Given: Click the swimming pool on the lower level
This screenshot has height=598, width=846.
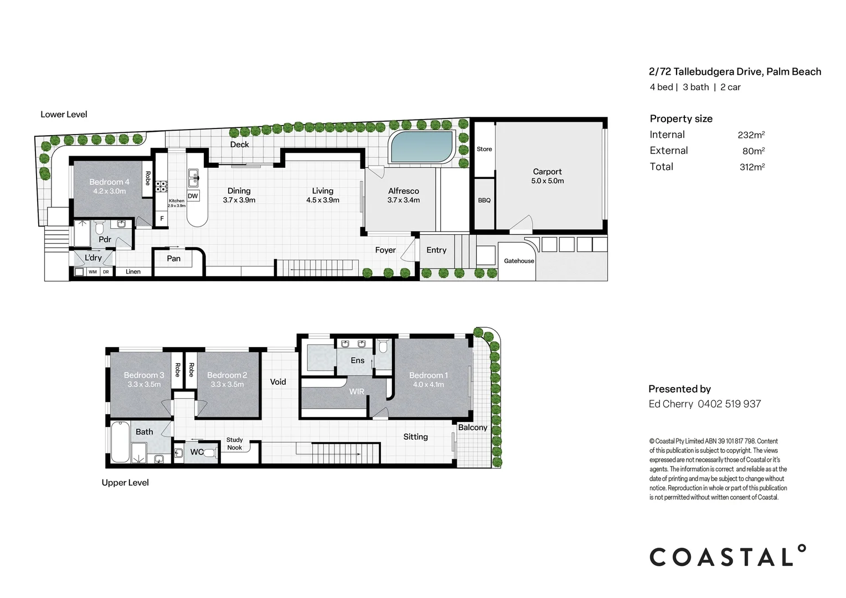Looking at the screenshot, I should [x=421, y=147].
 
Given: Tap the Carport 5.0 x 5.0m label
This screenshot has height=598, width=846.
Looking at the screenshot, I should [x=547, y=176].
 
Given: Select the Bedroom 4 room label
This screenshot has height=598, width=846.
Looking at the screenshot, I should [x=109, y=186].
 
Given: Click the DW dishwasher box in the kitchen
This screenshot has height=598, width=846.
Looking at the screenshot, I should [x=193, y=196].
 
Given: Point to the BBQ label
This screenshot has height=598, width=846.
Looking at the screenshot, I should [x=484, y=200].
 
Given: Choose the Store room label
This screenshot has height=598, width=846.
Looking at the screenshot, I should [x=484, y=149].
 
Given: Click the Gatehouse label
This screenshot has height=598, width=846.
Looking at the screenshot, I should [x=519, y=261].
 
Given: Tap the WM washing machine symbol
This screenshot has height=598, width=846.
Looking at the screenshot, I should [x=92, y=272].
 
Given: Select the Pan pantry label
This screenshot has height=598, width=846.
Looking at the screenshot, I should [x=173, y=259].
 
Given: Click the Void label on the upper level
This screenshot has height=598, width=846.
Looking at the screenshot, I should [x=278, y=382].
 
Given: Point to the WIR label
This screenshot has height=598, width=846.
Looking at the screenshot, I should [x=357, y=391].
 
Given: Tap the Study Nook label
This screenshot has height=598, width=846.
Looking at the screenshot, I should [x=234, y=444].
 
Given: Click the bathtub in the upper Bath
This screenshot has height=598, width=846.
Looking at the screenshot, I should [x=118, y=442].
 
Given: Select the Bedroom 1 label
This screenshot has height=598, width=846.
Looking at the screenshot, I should [x=428, y=379].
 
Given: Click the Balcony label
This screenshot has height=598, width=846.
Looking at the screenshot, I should [x=472, y=427].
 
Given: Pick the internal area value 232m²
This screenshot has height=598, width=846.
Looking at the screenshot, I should [x=751, y=135].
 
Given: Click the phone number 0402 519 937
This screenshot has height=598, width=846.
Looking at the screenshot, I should [x=729, y=404].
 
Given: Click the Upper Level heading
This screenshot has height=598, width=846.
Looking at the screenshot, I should [x=125, y=483].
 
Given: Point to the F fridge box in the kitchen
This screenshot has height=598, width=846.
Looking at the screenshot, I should [x=162, y=219].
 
